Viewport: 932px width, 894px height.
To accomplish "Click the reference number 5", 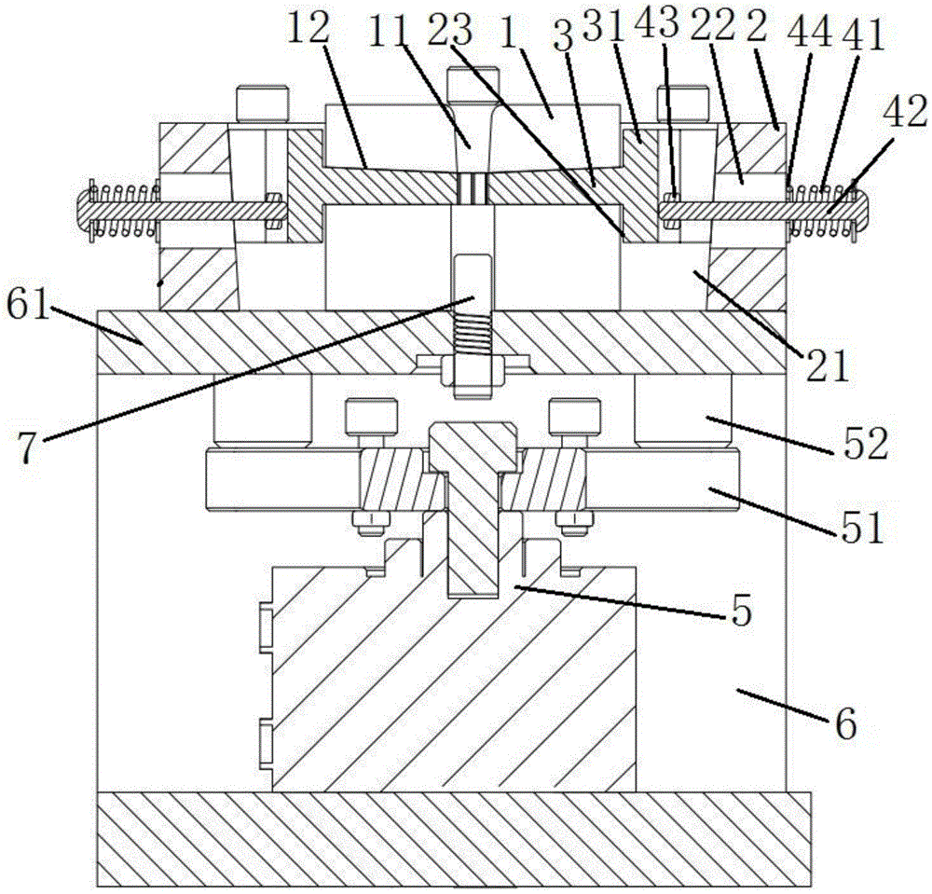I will point(741,614).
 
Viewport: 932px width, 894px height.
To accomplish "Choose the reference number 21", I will point(829,364).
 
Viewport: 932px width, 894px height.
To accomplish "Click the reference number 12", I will point(308,29).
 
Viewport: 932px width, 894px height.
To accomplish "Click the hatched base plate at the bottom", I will point(454,838).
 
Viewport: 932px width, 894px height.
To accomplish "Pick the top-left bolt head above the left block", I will point(254,103).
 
